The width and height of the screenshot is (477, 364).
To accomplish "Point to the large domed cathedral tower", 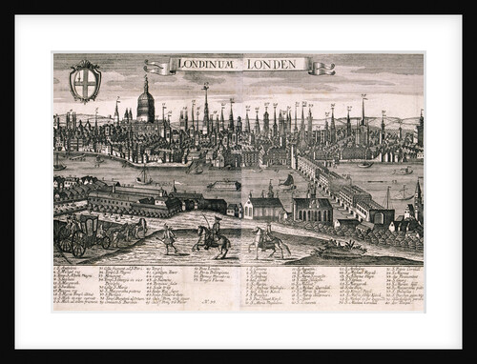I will tap(145, 103).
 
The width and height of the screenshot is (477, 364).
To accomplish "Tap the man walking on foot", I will tap(169, 238).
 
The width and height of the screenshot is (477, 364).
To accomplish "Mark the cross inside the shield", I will tap(86, 82).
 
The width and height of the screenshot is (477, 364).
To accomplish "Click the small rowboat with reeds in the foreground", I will tap(341, 250).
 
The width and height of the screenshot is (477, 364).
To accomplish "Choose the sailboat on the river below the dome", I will tap(145, 176).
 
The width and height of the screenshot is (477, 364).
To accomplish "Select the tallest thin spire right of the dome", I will tap(205, 110).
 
